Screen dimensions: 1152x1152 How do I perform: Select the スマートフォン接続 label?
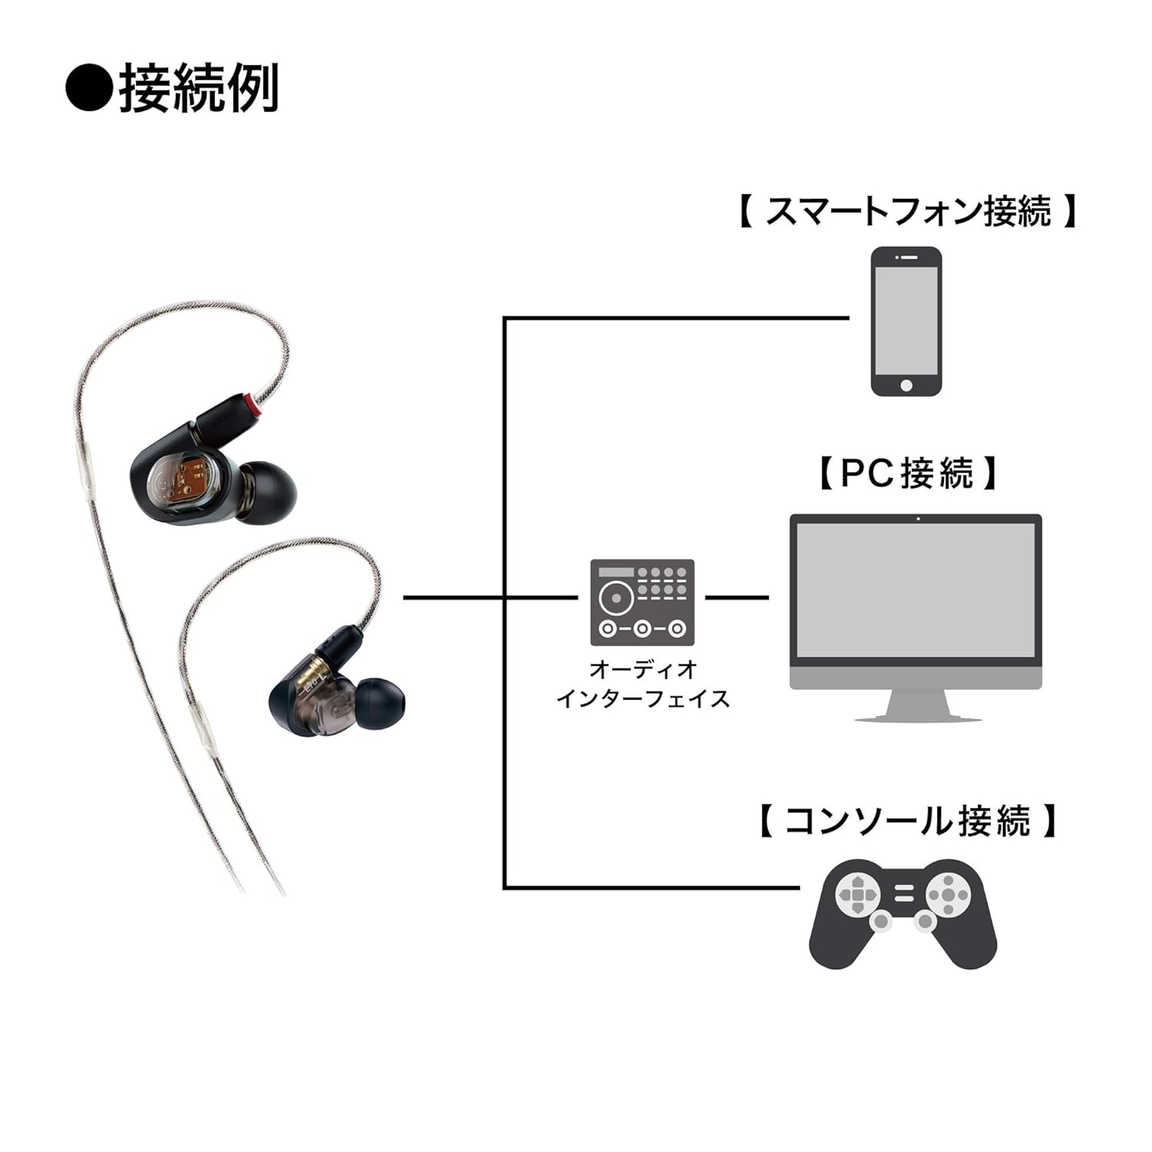click(x=907, y=211)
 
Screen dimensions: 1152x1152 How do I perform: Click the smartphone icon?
click(x=906, y=321)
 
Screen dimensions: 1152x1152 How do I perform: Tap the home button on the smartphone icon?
click(x=906, y=385)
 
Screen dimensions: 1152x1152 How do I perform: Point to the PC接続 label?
click(x=907, y=473)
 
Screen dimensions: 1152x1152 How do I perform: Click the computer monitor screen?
click(x=915, y=590)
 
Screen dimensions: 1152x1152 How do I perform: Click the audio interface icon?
click(x=642, y=602)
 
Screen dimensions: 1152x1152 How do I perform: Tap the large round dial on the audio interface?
click(x=616, y=597)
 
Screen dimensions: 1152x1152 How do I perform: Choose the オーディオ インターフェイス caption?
click(x=643, y=684)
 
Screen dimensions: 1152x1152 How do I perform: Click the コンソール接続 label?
click(x=907, y=821)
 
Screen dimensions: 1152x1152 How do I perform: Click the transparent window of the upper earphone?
click(x=184, y=486)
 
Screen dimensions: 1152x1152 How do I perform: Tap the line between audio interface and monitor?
click(x=737, y=598)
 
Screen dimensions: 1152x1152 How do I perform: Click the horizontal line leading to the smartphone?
click(x=676, y=318)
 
